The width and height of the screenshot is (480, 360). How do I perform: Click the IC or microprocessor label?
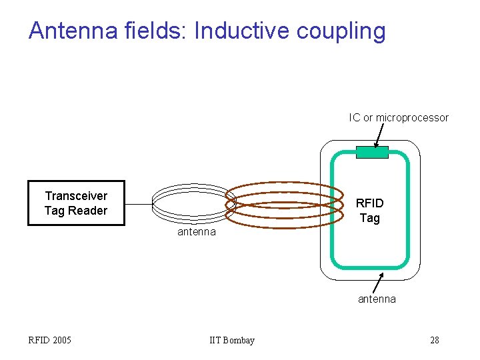click(399, 118)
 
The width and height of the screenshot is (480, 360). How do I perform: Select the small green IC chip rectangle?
click(372, 153)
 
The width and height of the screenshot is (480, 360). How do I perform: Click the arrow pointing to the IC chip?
click(381, 136)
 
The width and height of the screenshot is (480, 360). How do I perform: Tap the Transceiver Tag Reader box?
click(76, 203)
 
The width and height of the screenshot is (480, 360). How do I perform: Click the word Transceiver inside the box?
click(76, 196)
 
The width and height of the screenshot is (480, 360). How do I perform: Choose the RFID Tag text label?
click(369, 211)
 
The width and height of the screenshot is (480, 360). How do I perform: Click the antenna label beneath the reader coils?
click(196, 232)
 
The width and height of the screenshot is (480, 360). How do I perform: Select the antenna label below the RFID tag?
click(377, 299)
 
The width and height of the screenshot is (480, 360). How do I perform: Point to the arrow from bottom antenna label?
click(377, 282)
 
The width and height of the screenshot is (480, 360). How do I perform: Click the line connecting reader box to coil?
click(139, 203)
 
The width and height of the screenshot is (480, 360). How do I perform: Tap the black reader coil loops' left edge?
click(154, 202)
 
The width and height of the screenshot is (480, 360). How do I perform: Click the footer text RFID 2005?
click(50, 341)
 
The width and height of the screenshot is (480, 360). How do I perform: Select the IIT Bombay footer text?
click(232, 341)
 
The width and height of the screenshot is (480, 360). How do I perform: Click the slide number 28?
click(434, 341)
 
